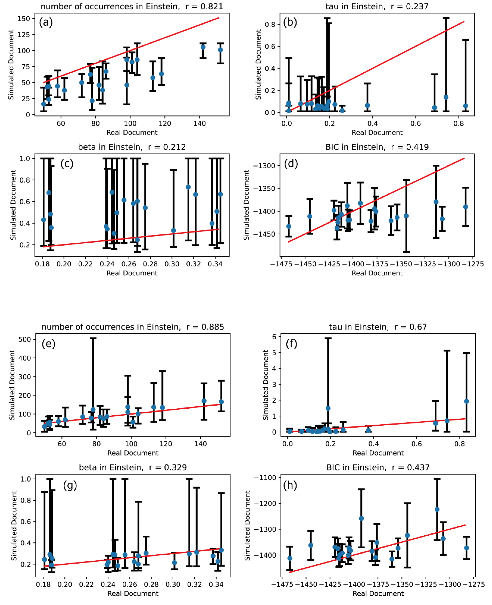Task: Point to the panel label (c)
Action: (x=67, y=164)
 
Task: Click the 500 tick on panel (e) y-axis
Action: (x=25, y=339)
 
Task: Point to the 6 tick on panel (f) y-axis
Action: (x=274, y=337)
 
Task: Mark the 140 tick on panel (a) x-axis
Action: (x=200, y=123)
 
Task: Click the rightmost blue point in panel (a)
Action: (x=220, y=50)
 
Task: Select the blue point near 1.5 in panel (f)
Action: (x=328, y=408)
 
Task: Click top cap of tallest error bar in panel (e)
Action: (x=93, y=338)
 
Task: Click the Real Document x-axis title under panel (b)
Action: (x=377, y=133)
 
